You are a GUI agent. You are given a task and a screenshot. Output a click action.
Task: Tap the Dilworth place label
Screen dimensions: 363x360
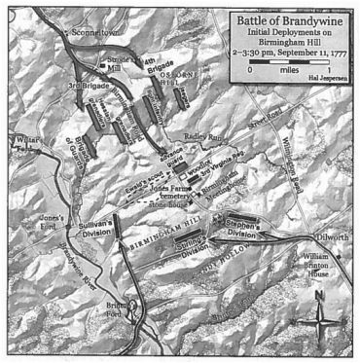coord(336,235)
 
